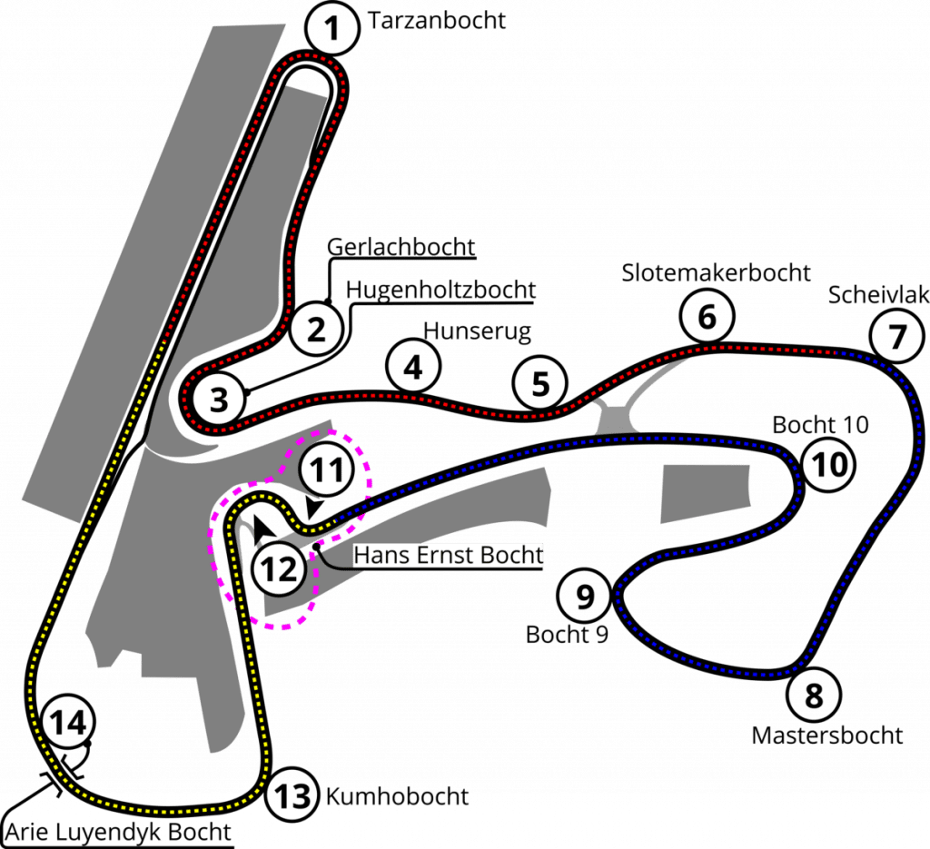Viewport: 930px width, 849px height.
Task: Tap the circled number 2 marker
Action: (316, 328)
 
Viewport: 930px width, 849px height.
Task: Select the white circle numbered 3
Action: (216, 398)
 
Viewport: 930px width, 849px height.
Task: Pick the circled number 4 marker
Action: (412, 368)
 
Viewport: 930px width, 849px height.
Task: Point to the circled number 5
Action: (540, 383)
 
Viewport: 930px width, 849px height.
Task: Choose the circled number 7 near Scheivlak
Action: (896, 338)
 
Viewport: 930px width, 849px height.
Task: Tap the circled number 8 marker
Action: (814, 697)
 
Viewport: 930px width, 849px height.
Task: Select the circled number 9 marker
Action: (586, 597)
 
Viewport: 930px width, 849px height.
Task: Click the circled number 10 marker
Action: (829, 465)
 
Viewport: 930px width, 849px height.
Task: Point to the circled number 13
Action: (293, 797)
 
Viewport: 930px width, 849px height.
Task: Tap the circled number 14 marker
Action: (68, 725)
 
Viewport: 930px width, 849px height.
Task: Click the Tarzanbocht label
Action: (435, 22)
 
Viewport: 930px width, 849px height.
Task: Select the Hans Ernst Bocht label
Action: (447, 556)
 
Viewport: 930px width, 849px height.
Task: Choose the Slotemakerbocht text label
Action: (716, 271)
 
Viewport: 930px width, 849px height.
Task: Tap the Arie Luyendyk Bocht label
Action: (118, 832)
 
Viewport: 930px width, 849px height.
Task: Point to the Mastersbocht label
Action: (827, 734)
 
